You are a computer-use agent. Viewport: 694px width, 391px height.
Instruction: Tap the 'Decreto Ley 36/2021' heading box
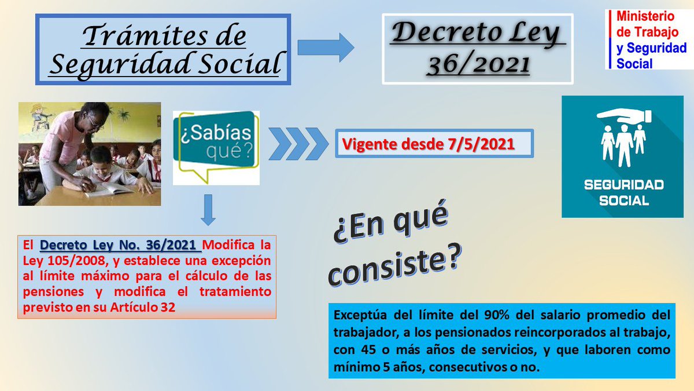click(x=478, y=49)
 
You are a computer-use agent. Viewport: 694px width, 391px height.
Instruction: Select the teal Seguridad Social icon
click(x=622, y=157)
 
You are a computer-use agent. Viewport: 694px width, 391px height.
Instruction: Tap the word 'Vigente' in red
click(x=366, y=144)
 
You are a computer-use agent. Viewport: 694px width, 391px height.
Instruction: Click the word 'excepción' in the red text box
click(x=238, y=260)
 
